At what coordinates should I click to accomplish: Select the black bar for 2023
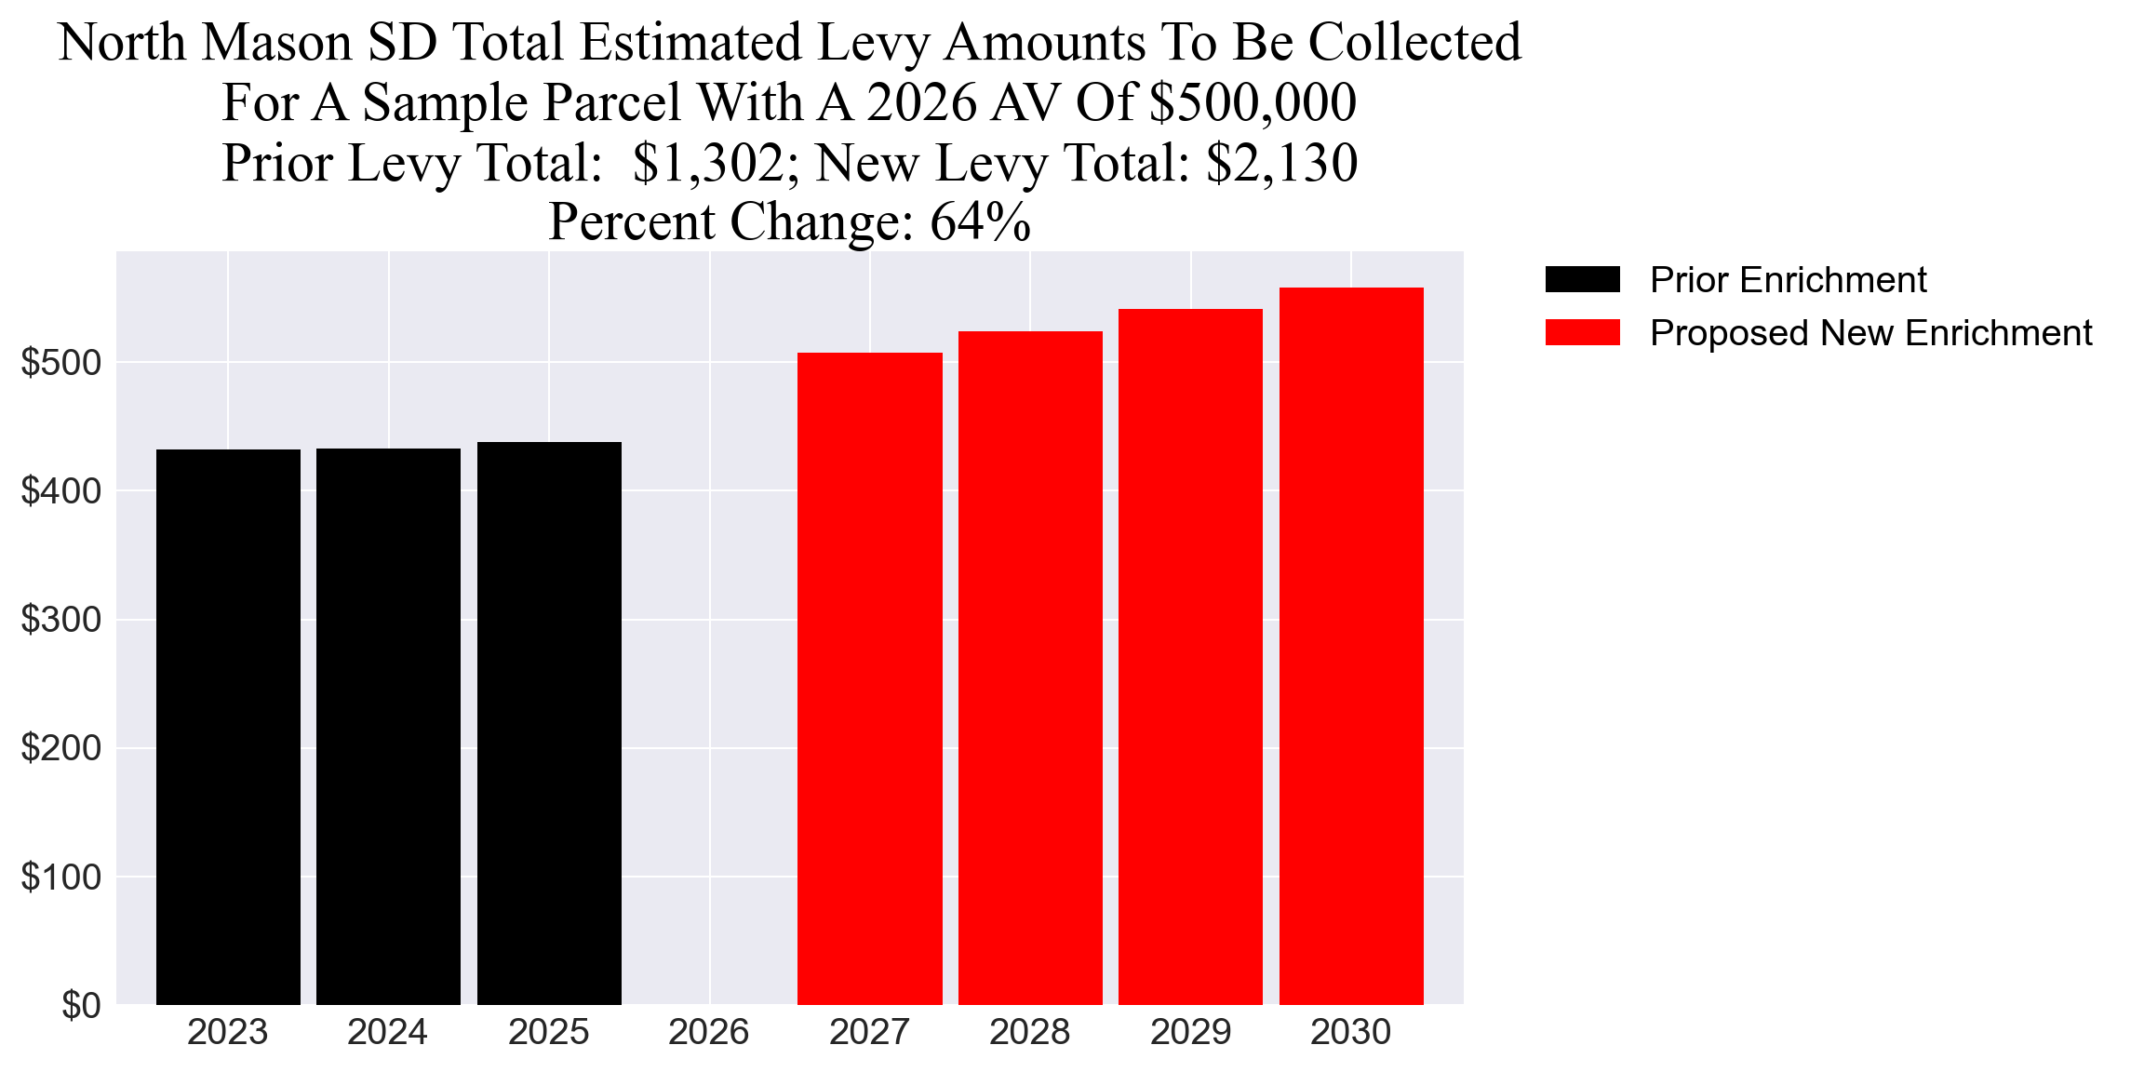coord(228,726)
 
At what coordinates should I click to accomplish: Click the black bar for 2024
coord(388,726)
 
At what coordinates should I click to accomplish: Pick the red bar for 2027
coord(869,678)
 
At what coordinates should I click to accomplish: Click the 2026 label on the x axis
coord(709,1032)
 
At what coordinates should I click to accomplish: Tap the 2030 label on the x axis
coord(1350,1032)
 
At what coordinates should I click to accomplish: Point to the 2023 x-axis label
coord(227,1032)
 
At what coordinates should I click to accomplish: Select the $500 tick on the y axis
coord(60,363)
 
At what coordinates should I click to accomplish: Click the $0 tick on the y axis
coord(81,1006)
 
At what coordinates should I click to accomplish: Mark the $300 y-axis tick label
coord(60,620)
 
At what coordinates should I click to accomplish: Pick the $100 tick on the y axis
coord(60,878)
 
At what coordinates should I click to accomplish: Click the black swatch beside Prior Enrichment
coord(1582,279)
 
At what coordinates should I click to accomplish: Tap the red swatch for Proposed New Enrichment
coord(1582,332)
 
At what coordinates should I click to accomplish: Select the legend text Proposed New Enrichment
coord(1870,332)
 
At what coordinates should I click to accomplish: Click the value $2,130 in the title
coord(1281,163)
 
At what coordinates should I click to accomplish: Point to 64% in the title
coord(980,222)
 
